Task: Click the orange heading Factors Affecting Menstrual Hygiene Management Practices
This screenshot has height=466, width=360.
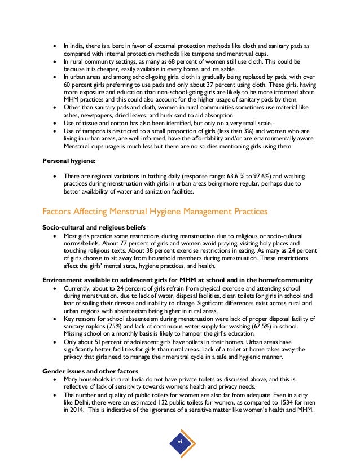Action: [x=155, y=212]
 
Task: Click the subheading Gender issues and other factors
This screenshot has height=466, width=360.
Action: [x=90, y=371]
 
